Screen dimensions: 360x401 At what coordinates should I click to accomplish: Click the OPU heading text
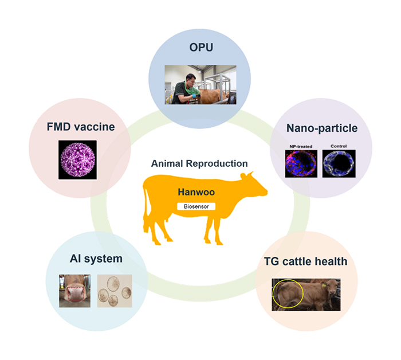(200, 47)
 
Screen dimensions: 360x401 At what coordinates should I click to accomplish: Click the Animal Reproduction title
(199, 164)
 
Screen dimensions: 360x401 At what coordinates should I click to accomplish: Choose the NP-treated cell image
(302, 164)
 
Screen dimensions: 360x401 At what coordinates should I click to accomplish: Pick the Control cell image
(339, 164)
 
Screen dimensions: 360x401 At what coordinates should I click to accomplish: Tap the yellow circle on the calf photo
(288, 294)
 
